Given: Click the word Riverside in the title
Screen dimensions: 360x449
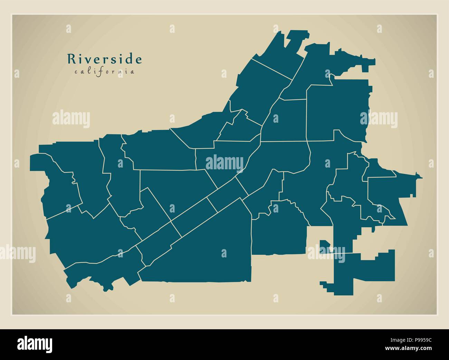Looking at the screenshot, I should (104, 59).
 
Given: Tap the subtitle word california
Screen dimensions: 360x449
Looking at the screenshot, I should (104, 72).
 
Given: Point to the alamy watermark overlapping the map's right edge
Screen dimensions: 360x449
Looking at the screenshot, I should (379, 119).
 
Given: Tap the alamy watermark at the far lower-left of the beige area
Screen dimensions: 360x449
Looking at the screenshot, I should (17, 252).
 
